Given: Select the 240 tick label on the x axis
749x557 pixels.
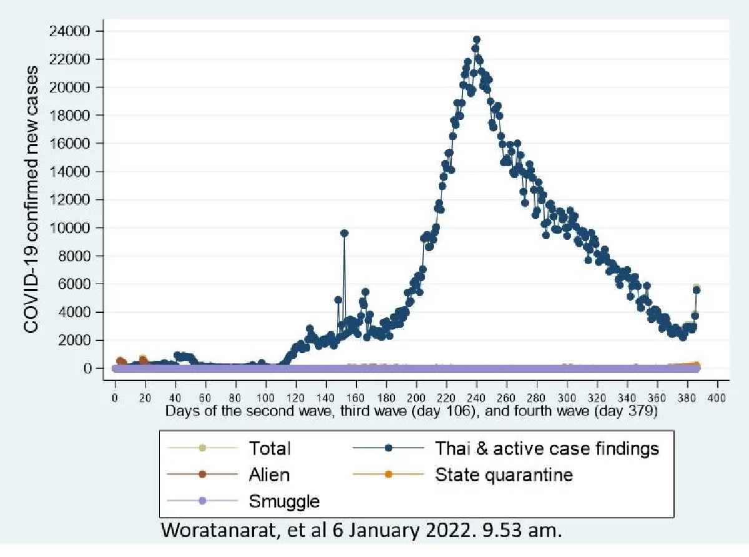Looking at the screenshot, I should (476, 398).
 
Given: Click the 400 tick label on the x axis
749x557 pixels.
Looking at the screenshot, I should (717, 398).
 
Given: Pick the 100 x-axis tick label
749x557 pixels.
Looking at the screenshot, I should (266, 398).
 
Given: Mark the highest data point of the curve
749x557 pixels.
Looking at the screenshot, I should (476, 40).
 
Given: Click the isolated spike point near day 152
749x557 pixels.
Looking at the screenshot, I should (344, 233).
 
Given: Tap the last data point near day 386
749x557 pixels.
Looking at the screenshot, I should (697, 290).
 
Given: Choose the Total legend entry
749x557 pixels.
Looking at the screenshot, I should (270, 448).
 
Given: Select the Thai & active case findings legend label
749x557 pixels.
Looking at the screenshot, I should (547, 448).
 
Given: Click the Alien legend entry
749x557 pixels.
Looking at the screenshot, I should (270, 474).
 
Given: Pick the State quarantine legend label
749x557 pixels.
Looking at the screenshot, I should (504, 474).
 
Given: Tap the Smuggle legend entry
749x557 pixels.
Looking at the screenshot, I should (284, 501).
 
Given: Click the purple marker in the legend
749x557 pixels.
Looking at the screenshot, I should (202, 501).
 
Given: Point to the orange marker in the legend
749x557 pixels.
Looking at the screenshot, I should (388, 474).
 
